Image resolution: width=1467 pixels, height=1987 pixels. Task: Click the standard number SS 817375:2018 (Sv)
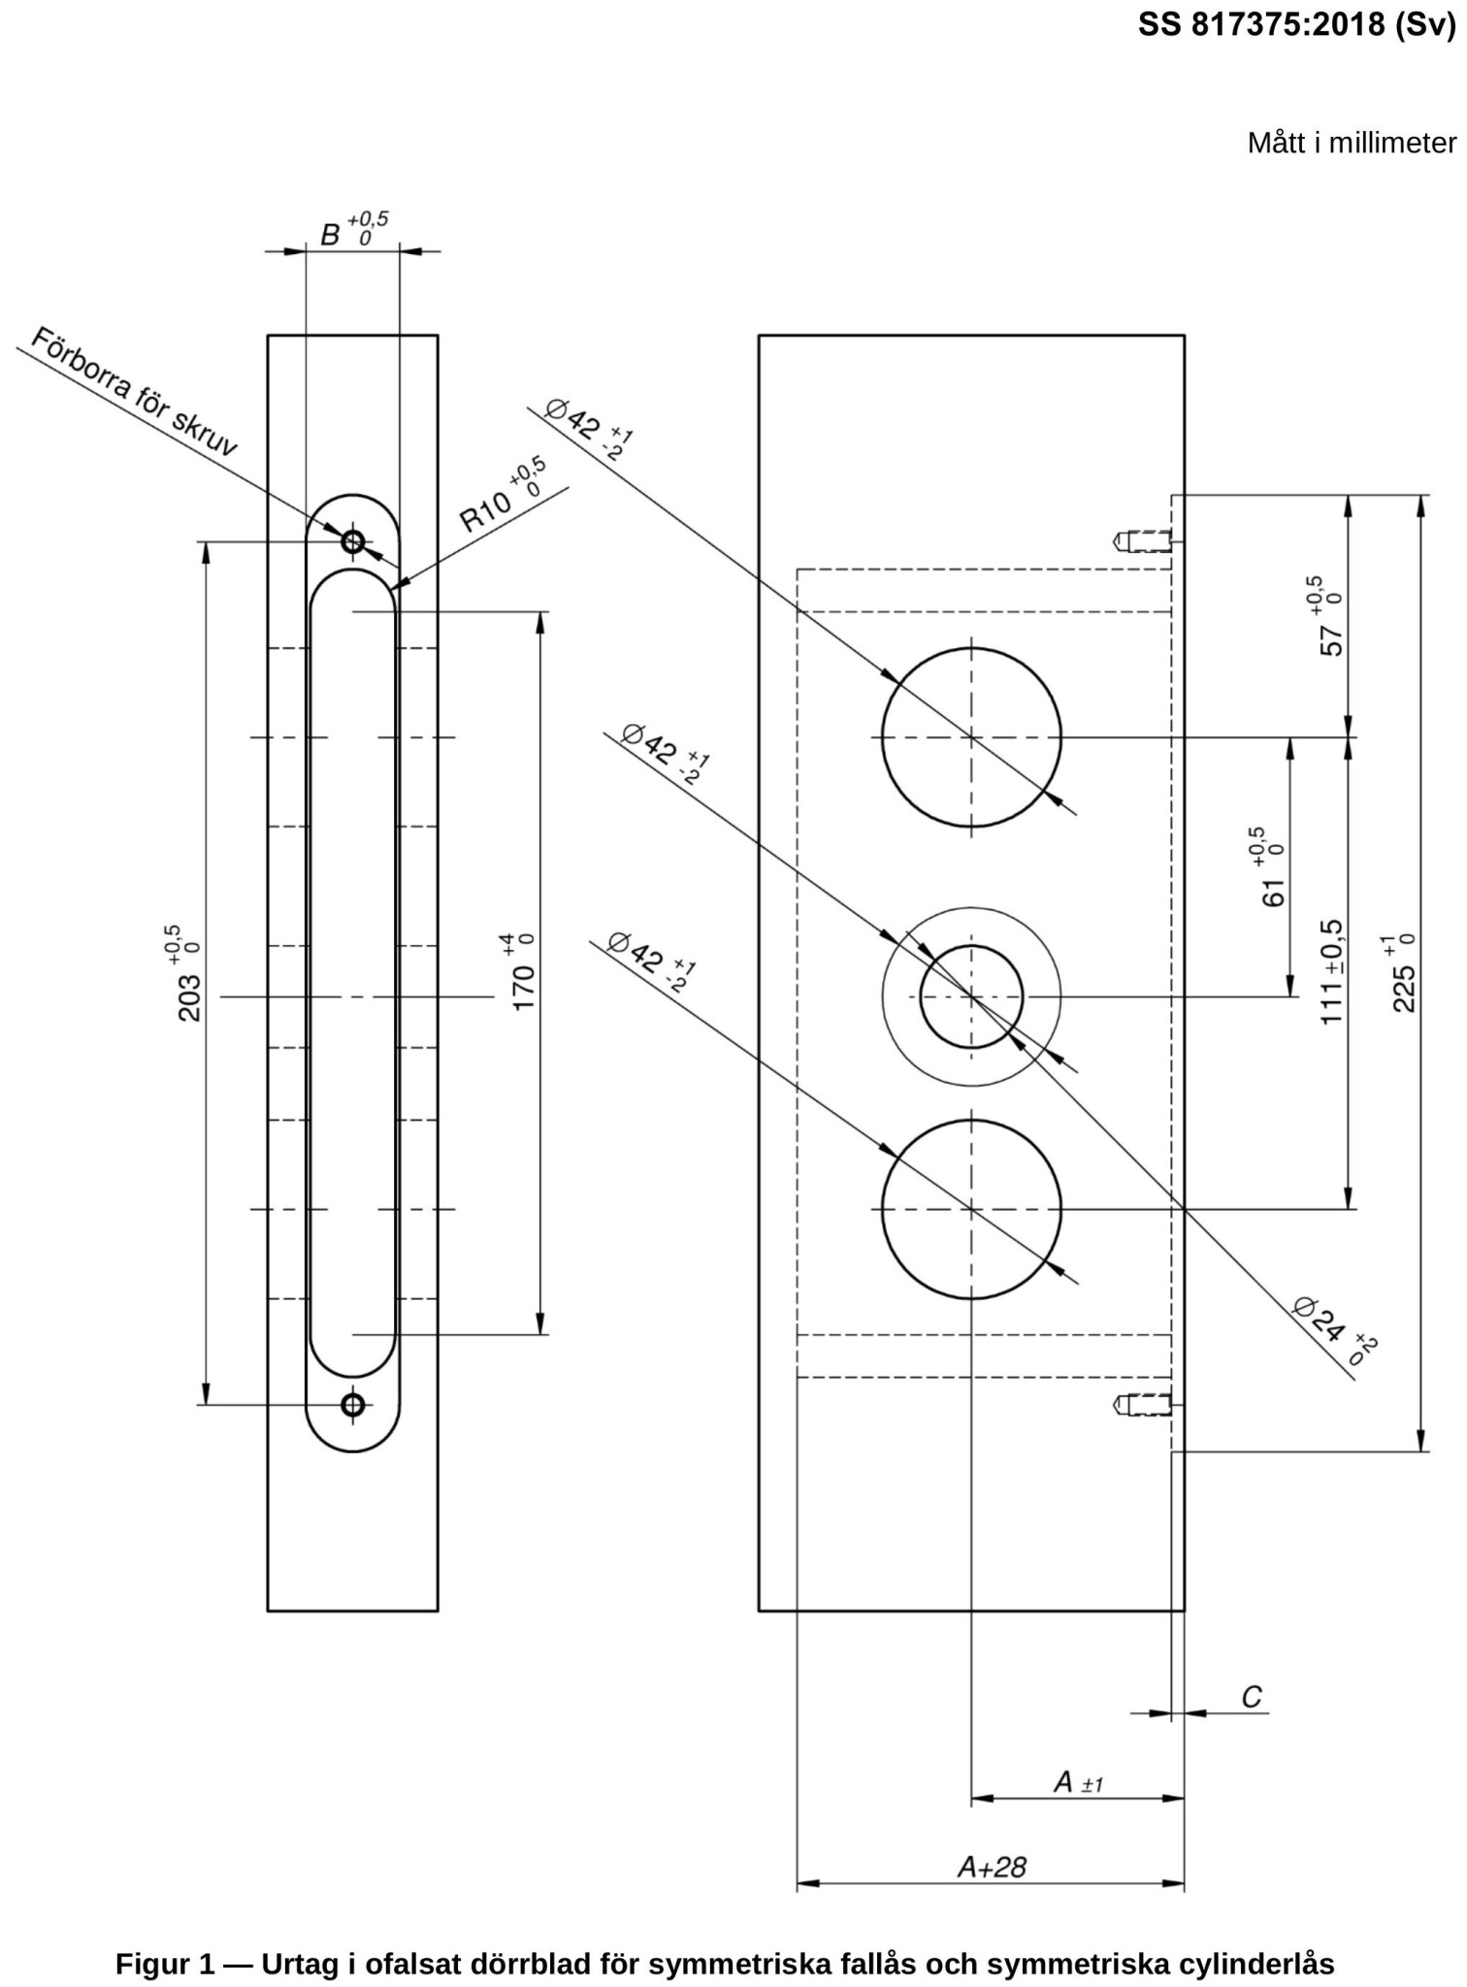[1297, 25]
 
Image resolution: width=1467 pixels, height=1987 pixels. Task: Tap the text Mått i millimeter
[1351, 144]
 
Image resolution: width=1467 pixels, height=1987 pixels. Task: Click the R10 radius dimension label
[485, 510]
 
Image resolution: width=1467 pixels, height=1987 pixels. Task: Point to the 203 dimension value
[190, 997]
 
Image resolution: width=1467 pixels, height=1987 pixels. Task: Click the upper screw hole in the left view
[352, 540]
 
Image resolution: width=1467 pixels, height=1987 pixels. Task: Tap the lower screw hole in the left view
[352, 1404]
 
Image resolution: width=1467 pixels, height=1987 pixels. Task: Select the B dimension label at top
[331, 235]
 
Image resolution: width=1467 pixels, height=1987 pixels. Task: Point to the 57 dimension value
[1333, 639]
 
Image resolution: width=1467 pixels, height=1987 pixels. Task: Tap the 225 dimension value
[1403, 986]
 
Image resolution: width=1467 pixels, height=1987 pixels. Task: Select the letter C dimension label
[1252, 1697]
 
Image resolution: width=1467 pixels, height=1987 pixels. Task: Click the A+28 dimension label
[991, 1867]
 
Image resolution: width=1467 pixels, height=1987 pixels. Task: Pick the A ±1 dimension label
[1077, 1782]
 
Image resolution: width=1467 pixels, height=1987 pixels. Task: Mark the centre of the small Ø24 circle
[971, 996]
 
